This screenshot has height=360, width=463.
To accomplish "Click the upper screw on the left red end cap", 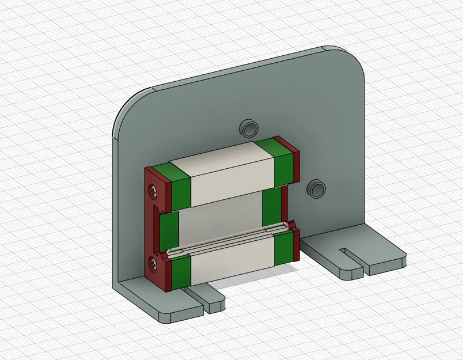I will pos(153,188).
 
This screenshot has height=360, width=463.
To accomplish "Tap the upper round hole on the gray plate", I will pos(249,127).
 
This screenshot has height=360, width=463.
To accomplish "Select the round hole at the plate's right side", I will pos(316,188).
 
